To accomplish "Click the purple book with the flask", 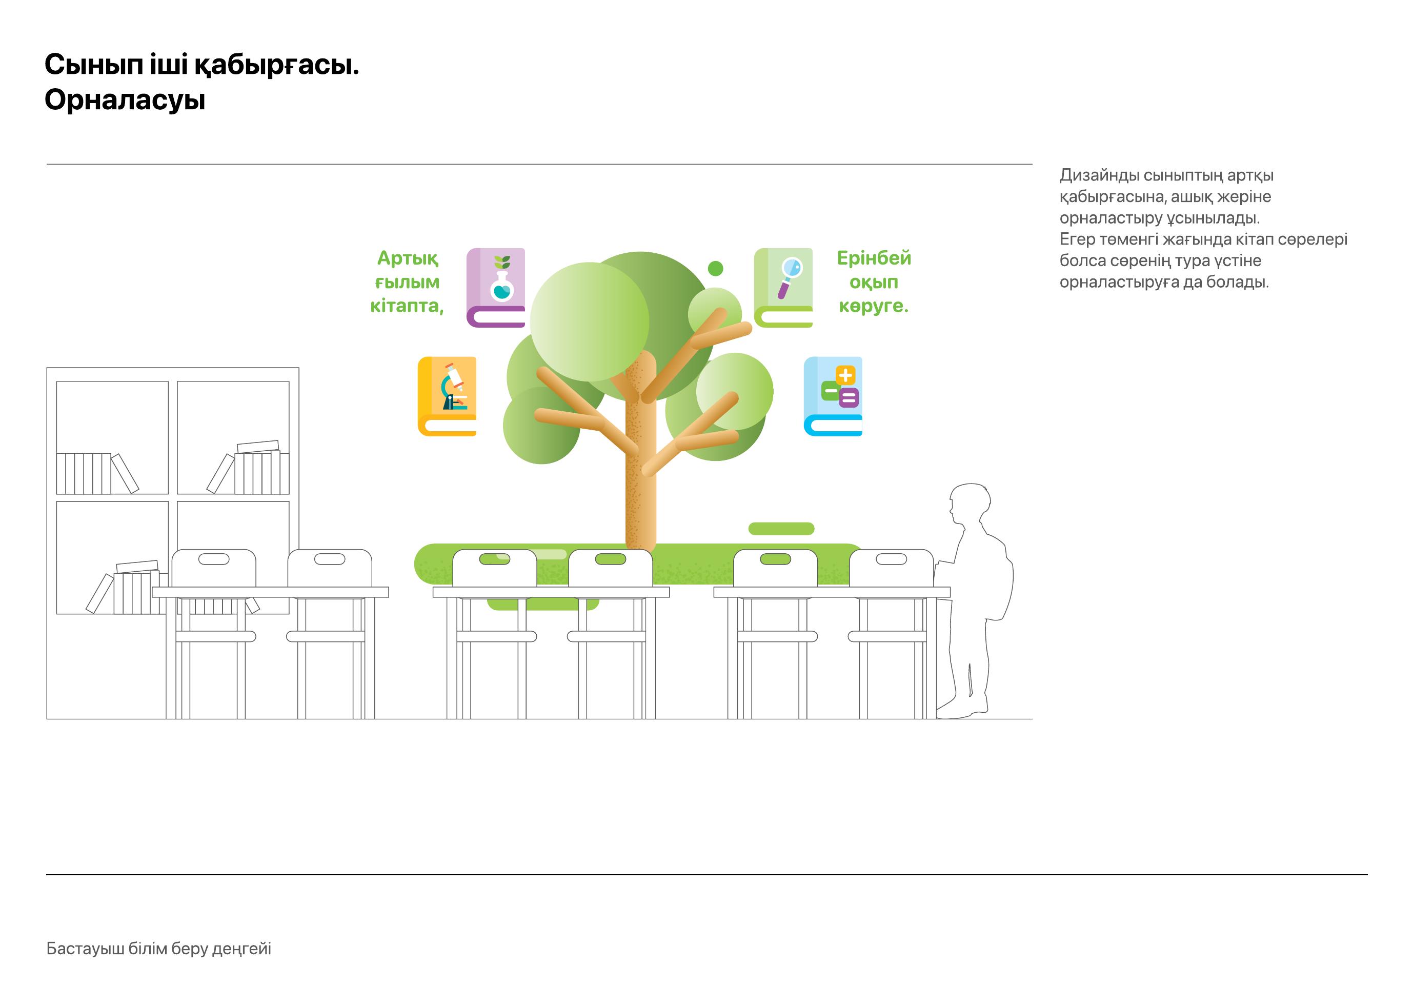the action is coord(496,288).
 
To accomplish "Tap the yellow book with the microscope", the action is coord(447,396).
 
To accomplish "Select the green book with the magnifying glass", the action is coord(783,288).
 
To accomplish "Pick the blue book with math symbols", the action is coord(833,396).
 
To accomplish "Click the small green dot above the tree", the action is coord(715,268).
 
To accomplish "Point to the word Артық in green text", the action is coord(408,258).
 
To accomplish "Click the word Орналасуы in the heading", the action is coord(125,99).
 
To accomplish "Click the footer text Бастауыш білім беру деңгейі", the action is coord(159,949).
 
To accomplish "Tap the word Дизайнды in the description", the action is coord(1099,175).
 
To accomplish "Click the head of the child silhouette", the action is coord(970,502).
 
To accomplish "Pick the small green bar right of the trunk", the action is coord(781,529).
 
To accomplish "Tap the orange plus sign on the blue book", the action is coord(845,375).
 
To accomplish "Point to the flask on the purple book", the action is coord(502,287).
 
